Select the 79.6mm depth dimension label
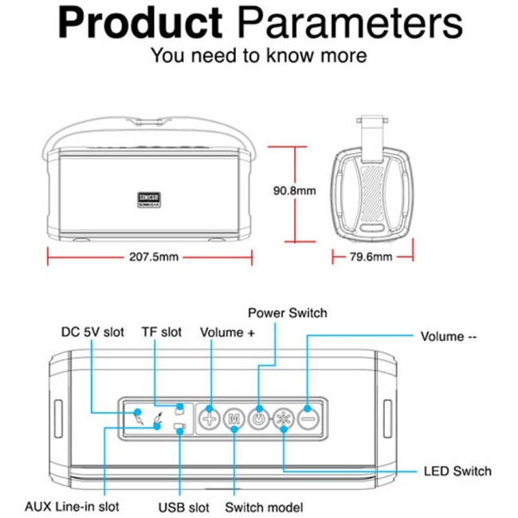coord(371,257)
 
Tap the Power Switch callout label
coord(287,313)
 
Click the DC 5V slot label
coord(92,332)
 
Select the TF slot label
coord(162,332)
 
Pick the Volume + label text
coord(227,332)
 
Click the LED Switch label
coord(457,471)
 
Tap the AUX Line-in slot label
coord(72,506)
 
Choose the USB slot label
coord(183,507)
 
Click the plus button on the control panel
coord(210,416)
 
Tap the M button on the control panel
coord(234,416)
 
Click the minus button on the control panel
coord(308,416)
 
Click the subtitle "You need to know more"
coord(259,56)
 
